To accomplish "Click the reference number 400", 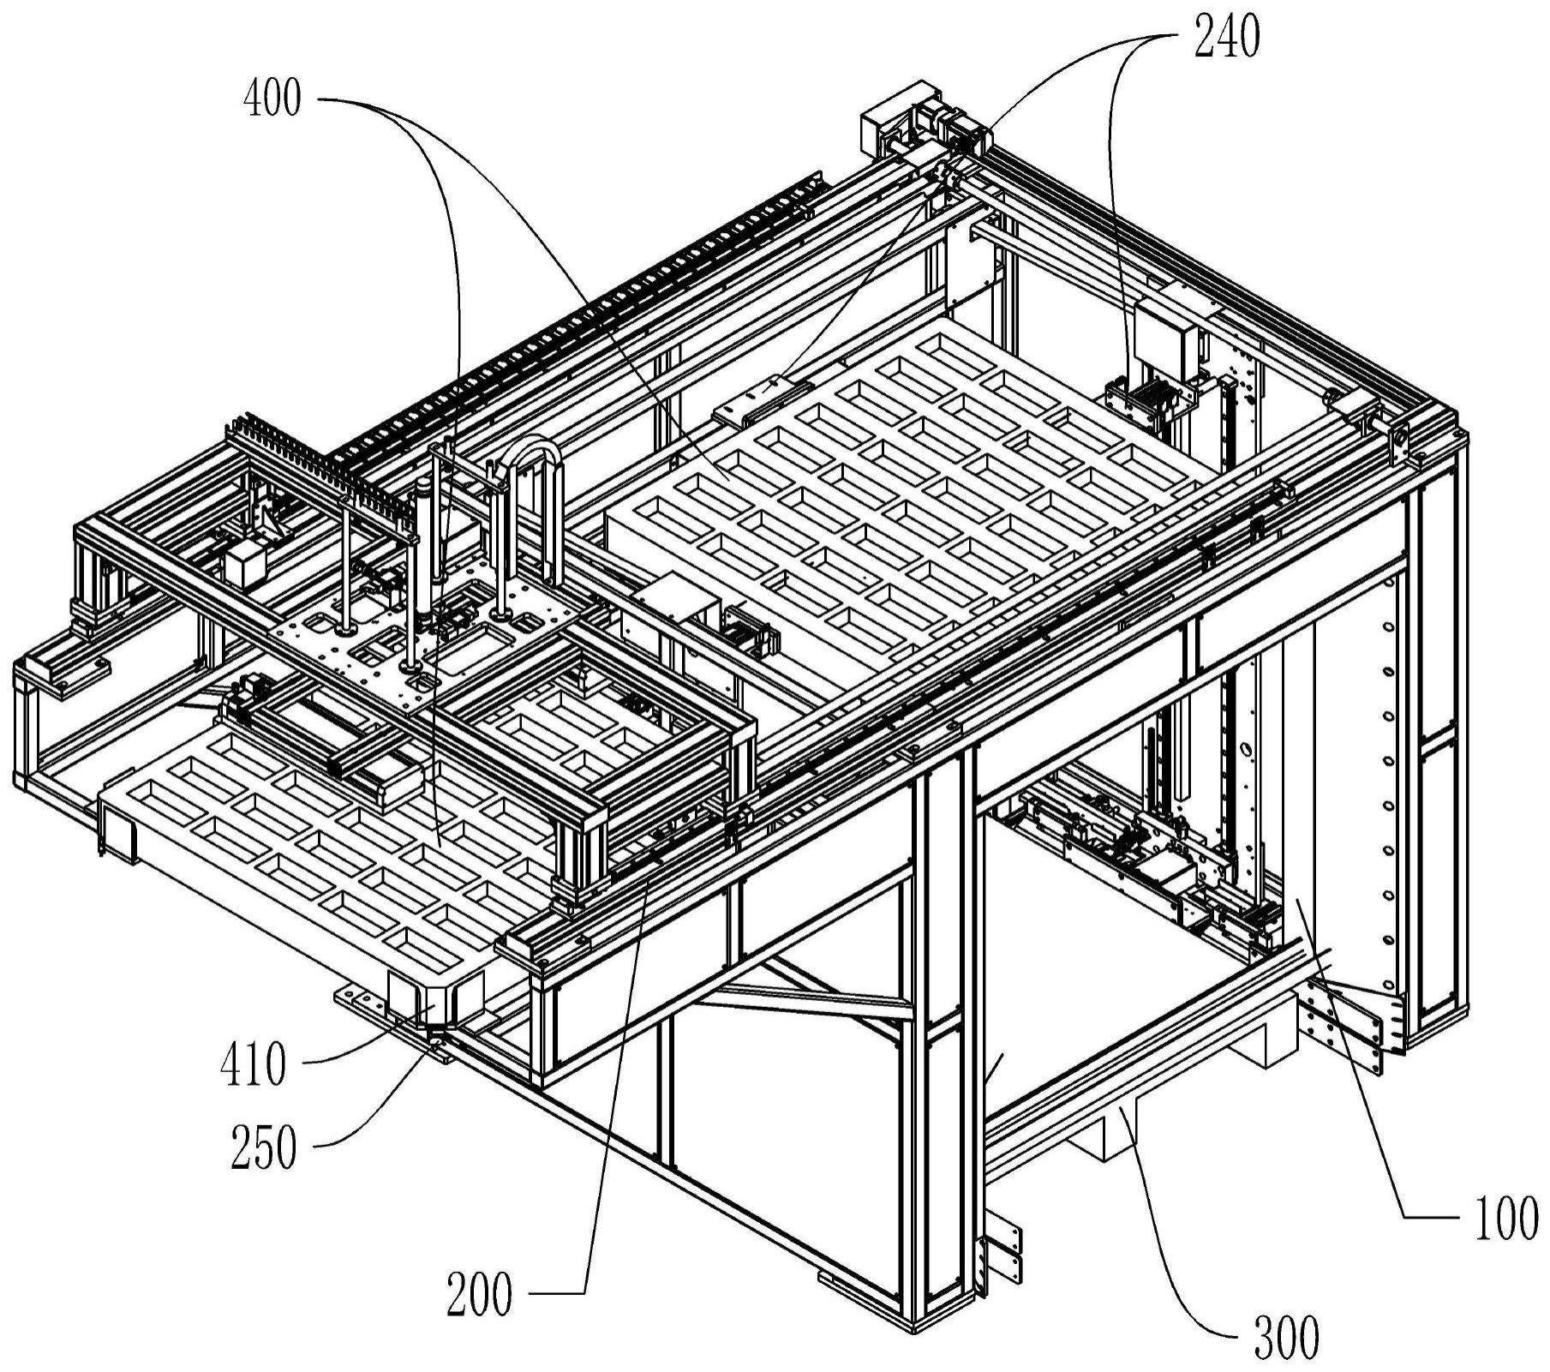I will point(272,99).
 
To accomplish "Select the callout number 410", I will point(253,1065).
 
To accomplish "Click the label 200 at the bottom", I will point(479,1293).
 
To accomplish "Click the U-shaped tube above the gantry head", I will point(534,463).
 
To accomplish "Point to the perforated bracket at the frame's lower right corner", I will point(1346,1028).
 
